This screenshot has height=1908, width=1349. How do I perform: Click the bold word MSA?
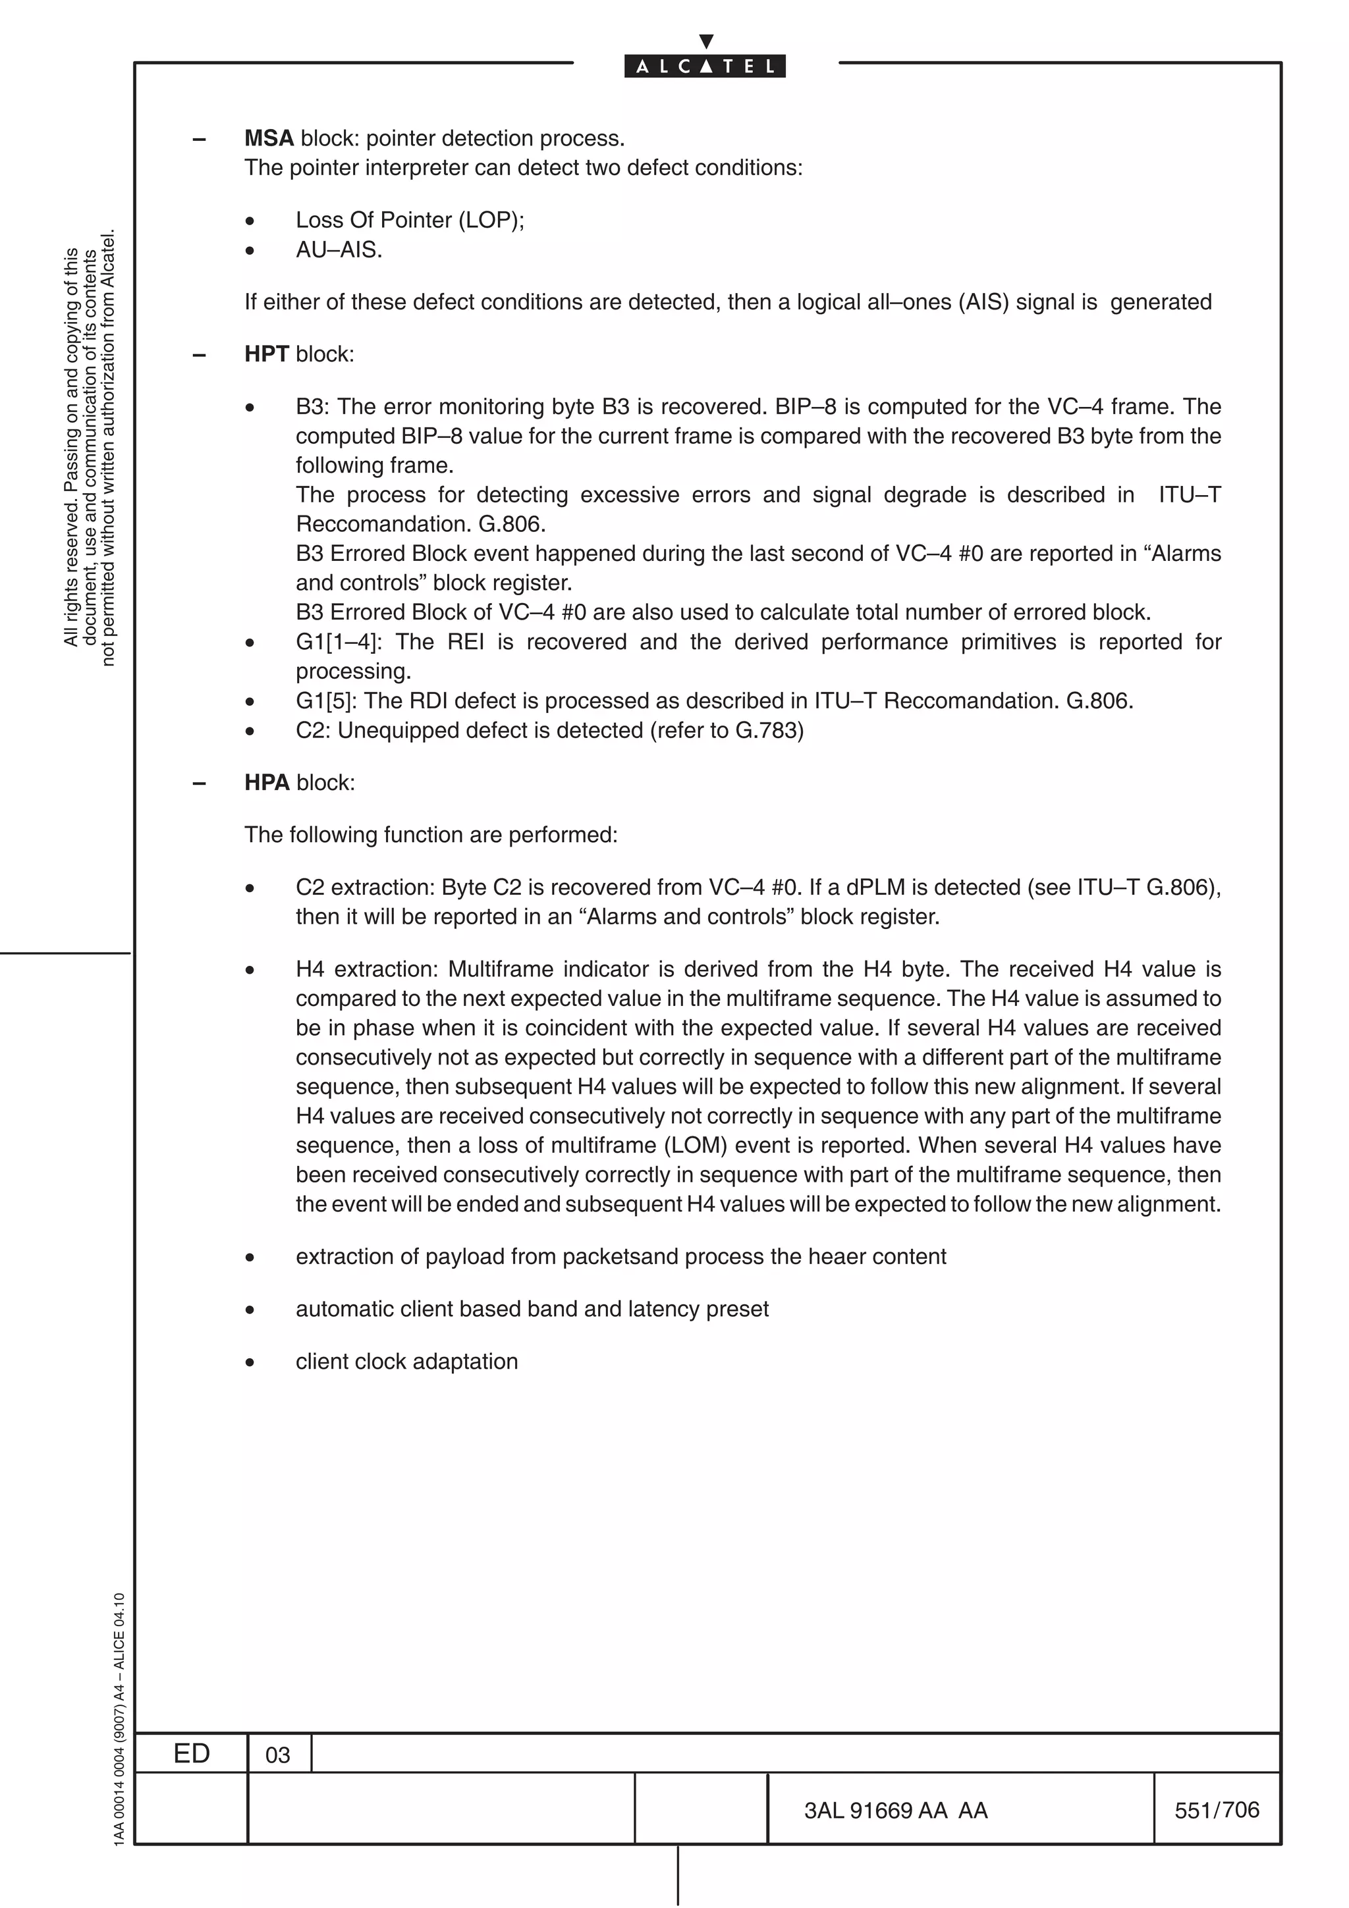[269, 138]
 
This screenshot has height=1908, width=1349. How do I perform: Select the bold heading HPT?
[266, 354]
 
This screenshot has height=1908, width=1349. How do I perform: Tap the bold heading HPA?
[267, 783]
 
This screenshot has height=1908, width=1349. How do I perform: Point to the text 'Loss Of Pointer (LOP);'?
[410, 220]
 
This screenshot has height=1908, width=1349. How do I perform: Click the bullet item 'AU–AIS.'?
[339, 250]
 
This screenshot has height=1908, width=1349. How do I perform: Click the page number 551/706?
[1216, 1810]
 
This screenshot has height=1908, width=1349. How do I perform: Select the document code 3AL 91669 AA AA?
[895, 1811]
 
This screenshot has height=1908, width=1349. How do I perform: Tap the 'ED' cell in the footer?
[191, 1753]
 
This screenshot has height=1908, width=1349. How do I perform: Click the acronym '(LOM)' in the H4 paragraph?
[696, 1146]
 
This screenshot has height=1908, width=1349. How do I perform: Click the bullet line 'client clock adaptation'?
[406, 1361]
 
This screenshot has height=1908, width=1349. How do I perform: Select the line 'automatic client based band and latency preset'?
[532, 1309]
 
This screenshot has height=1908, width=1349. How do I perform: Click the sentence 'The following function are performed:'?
[431, 835]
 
